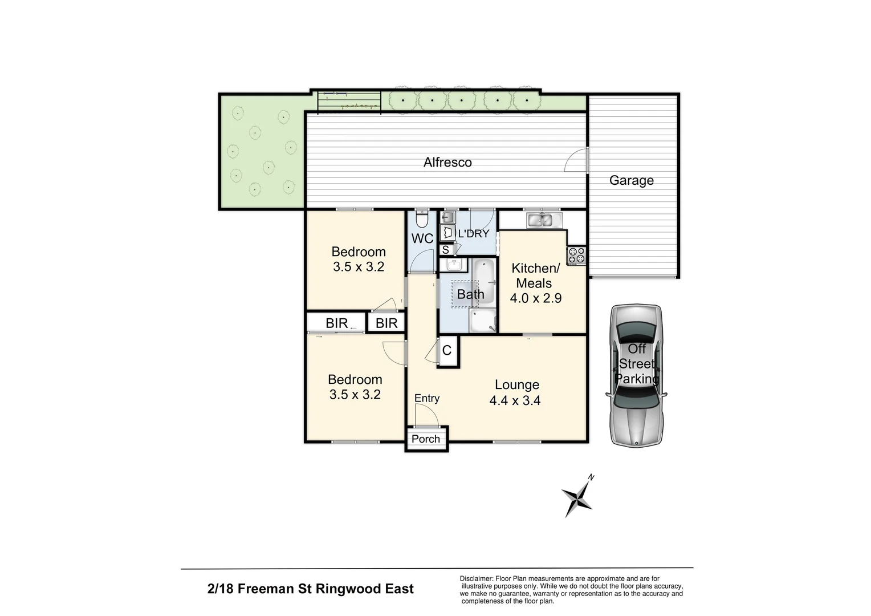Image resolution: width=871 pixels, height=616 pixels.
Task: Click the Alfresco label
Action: (x=447, y=163)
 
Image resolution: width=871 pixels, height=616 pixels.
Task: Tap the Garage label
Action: (x=631, y=181)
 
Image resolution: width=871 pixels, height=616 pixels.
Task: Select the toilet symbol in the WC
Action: (x=422, y=218)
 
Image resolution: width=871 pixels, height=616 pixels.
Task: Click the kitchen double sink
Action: (x=540, y=220)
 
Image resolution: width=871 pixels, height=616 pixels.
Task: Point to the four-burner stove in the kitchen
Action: (x=576, y=255)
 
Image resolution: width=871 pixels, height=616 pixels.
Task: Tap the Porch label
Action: (x=426, y=439)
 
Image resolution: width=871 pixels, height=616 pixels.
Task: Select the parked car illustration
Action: (x=636, y=375)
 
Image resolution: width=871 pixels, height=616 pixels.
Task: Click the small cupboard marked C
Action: (x=447, y=350)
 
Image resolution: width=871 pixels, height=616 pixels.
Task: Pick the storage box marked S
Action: (x=446, y=249)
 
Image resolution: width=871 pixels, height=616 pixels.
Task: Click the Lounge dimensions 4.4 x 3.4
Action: (x=515, y=401)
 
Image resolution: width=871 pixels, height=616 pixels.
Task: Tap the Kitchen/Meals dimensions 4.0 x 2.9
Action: (x=535, y=298)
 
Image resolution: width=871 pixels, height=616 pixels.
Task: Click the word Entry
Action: (x=427, y=398)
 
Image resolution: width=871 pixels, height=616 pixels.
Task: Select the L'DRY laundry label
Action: (x=474, y=233)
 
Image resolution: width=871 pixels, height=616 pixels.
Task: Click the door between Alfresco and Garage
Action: (x=577, y=160)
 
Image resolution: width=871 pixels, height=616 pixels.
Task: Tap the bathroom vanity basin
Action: (x=454, y=265)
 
